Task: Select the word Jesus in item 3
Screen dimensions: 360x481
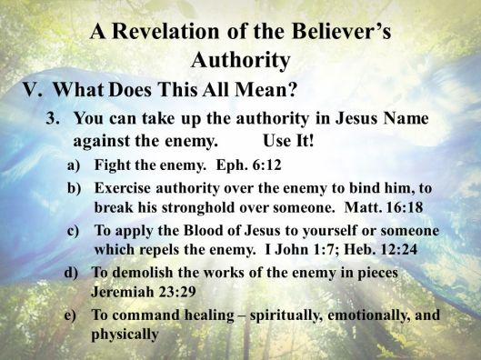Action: pyautogui.click(x=356, y=120)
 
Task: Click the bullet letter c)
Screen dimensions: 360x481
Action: pyautogui.click(x=75, y=231)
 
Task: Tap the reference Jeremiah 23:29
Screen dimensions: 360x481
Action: pyautogui.click(x=135, y=289)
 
